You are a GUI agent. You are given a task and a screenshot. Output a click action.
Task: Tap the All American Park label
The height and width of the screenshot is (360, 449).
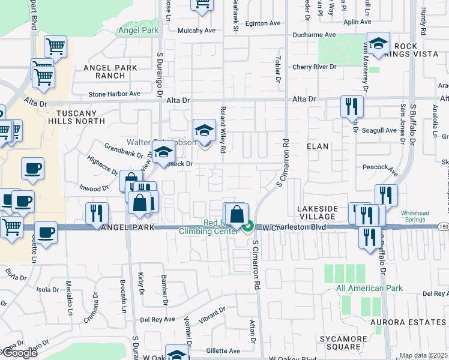click(x=369, y=289)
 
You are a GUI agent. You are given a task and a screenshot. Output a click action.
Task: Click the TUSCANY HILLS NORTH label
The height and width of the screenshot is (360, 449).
click(x=85, y=118)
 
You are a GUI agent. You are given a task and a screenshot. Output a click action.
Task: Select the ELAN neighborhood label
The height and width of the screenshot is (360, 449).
click(x=318, y=146)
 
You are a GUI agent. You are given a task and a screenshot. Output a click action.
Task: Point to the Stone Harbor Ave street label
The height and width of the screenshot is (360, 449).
click(x=114, y=94)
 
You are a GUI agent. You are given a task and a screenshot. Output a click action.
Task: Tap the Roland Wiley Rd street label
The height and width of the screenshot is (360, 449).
click(x=222, y=130)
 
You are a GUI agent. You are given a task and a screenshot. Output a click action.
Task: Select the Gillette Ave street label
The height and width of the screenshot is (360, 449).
click(x=222, y=351)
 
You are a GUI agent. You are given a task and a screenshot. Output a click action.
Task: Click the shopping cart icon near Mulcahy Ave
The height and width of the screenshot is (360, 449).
click(x=203, y=5)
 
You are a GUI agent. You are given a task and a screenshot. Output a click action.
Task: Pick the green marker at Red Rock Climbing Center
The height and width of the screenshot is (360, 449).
click(x=249, y=226)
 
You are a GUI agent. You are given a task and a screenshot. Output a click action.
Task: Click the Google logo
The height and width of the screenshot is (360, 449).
click(x=19, y=353)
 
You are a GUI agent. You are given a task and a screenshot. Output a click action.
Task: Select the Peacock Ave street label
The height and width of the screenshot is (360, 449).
click(x=380, y=167)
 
